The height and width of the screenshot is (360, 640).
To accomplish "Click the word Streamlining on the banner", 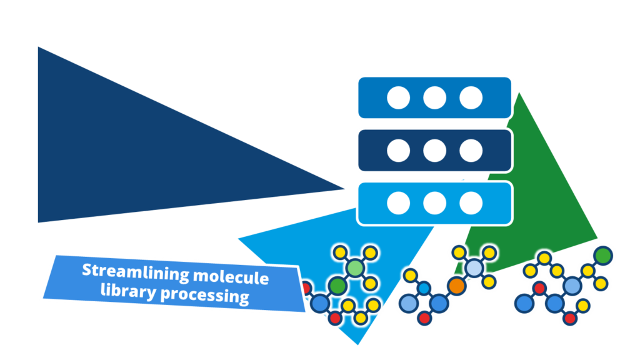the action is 135,272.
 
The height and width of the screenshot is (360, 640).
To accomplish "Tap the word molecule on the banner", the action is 231,277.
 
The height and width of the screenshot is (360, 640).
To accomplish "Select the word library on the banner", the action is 128,291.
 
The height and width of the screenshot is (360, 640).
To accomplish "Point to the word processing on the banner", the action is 205,295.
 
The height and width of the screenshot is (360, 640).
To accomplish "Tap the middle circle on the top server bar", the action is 435,98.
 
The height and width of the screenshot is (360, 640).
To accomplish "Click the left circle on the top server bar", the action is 398,98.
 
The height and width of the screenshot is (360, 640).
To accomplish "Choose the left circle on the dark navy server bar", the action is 398,151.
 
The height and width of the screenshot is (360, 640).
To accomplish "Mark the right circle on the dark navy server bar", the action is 471,151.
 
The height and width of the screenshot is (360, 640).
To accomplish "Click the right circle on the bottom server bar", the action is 471,203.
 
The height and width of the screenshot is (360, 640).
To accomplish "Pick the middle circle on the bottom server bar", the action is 435,203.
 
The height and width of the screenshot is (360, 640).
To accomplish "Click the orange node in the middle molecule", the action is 456,286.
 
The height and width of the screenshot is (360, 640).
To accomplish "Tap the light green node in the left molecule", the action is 355,268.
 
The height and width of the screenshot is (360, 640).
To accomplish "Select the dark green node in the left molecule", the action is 337,286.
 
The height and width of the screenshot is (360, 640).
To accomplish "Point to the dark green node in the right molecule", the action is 603,256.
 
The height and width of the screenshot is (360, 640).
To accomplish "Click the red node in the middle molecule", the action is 424,317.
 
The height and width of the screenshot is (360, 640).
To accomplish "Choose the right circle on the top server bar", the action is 471,98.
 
